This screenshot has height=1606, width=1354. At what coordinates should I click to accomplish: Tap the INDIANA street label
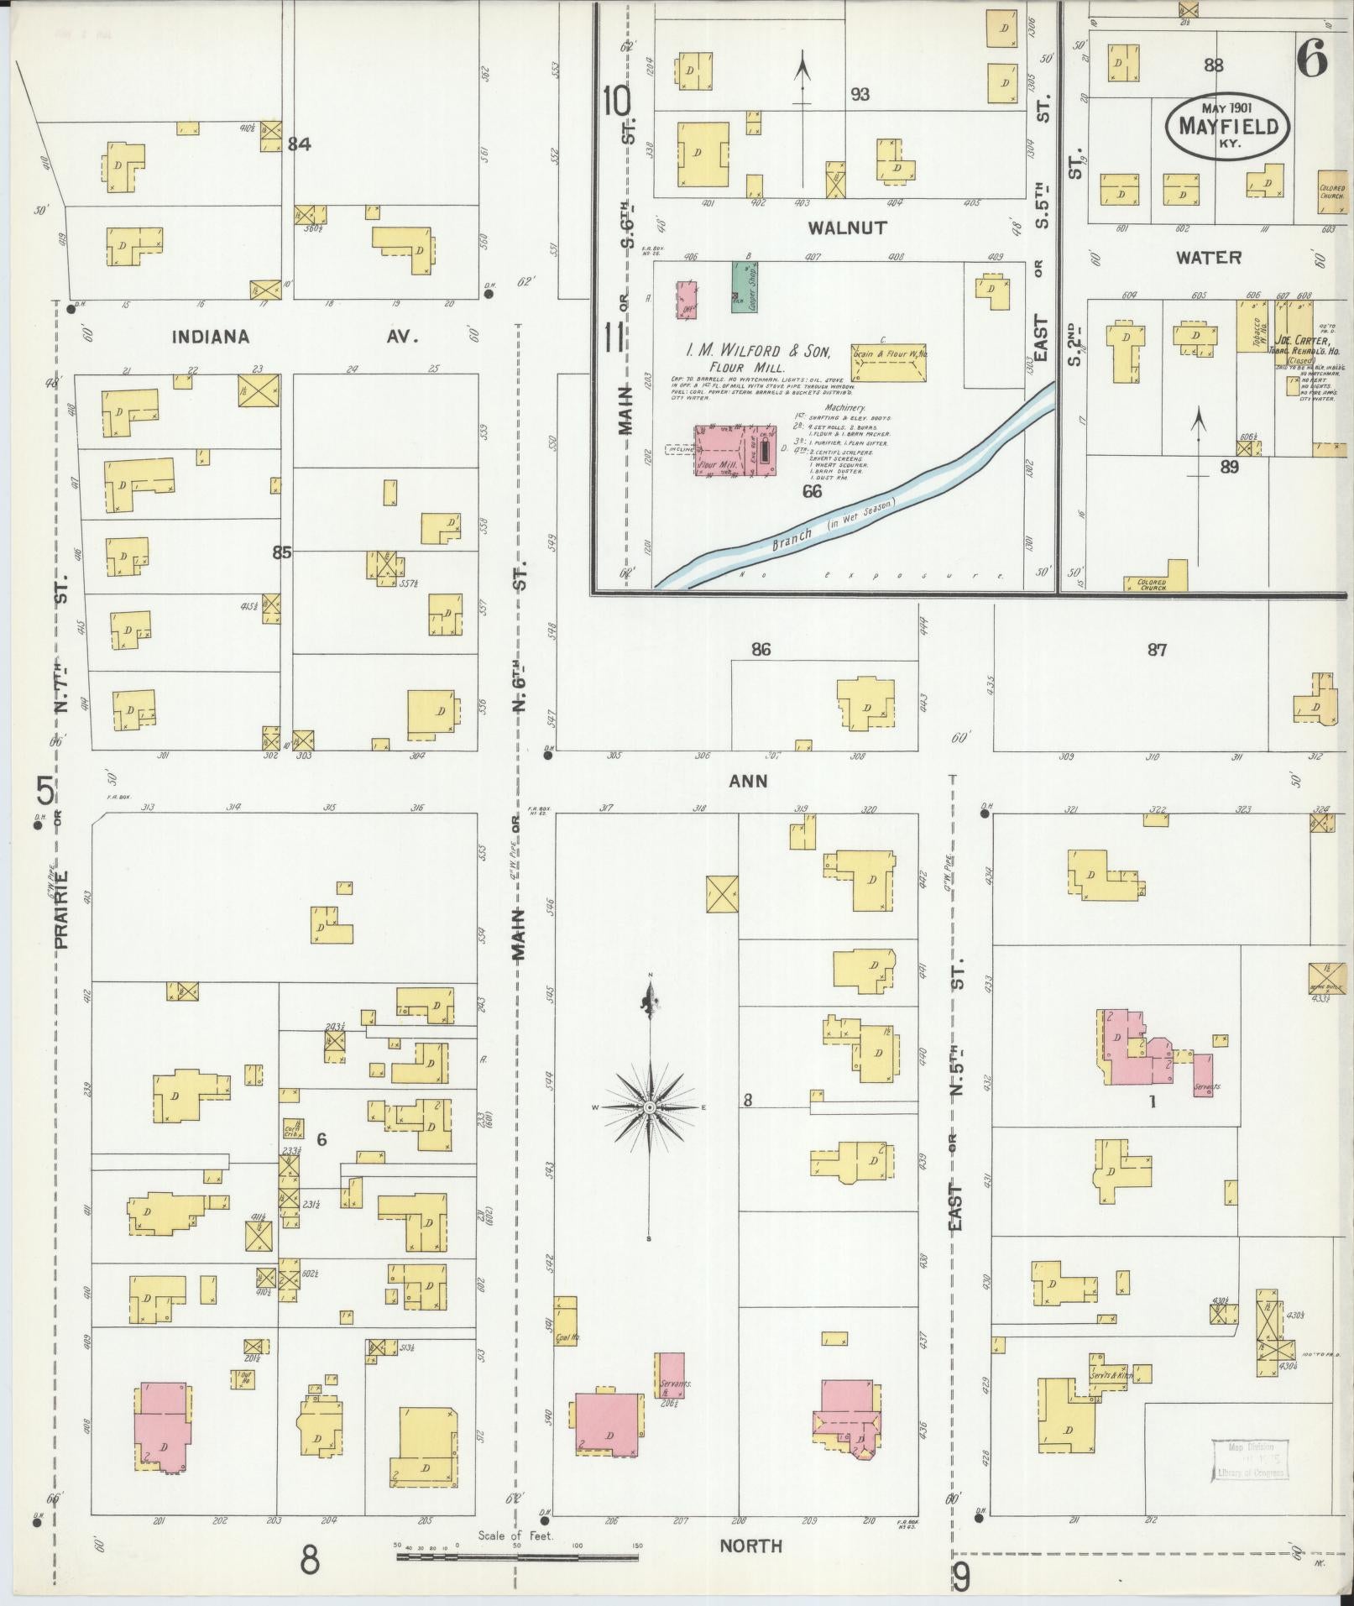pyautogui.click(x=210, y=337)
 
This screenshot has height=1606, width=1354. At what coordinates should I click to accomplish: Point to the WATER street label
pyautogui.click(x=1208, y=257)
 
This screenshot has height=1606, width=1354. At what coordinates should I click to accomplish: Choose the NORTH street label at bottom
pyautogui.click(x=750, y=1546)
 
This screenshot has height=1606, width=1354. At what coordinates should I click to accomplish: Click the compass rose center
pyautogui.click(x=649, y=1108)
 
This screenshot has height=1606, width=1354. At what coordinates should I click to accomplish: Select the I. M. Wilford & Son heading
pyautogui.click(x=755, y=351)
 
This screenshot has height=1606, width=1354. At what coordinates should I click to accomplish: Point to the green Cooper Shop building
pyautogui.click(x=742, y=286)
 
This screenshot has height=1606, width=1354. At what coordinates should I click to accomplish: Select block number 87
pyautogui.click(x=1157, y=650)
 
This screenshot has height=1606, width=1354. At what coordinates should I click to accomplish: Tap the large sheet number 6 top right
pyautogui.click(x=1311, y=59)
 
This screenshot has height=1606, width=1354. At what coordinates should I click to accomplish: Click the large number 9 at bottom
pyautogui.click(x=962, y=1577)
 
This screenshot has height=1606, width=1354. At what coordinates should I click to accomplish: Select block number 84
pyautogui.click(x=300, y=144)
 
